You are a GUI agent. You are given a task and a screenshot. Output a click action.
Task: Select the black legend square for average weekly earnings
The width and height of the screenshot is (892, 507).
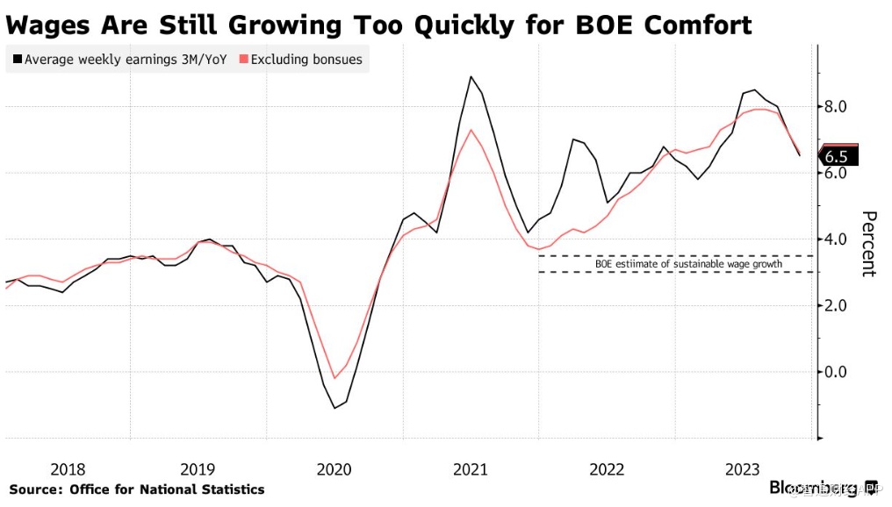tap(17, 61)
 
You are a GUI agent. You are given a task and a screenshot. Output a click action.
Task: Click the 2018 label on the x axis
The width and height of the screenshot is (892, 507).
tap(68, 469)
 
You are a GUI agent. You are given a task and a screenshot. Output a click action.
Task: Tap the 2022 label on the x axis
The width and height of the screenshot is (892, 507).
tap(608, 469)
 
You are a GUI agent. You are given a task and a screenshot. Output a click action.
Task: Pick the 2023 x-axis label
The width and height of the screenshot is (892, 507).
tap(744, 469)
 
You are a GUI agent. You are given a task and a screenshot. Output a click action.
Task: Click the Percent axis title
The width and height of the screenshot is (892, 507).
tap(868, 244)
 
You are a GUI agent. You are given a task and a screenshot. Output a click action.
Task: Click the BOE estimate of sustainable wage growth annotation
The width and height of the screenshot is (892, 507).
tap(676, 264)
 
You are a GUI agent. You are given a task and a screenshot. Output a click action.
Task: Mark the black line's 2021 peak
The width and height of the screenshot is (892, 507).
tap(471, 76)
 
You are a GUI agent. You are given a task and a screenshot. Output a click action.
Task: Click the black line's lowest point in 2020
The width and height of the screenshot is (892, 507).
tap(334, 408)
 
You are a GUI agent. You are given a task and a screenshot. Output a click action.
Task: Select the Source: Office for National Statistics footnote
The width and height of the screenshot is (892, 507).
tap(137, 489)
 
